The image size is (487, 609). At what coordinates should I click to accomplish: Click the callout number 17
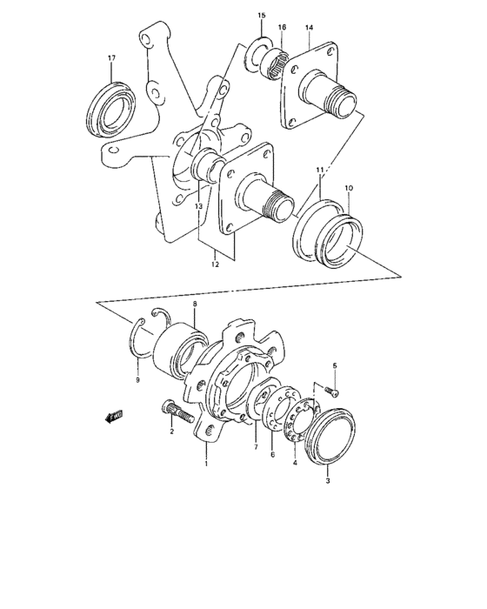(111, 58)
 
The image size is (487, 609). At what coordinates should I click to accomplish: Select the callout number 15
(261, 17)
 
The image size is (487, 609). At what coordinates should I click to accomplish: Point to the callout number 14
(308, 28)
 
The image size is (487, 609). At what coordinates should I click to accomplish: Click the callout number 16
(282, 28)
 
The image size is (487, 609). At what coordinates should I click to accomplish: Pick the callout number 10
(349, 188)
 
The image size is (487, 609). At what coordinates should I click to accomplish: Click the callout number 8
(195, 304)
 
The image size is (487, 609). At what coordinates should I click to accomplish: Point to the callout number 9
(136, 380)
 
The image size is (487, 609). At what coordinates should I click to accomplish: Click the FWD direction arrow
(114, 417)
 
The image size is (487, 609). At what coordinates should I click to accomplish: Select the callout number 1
(206, 464)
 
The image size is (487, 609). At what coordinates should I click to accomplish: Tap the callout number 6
(270, 455)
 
